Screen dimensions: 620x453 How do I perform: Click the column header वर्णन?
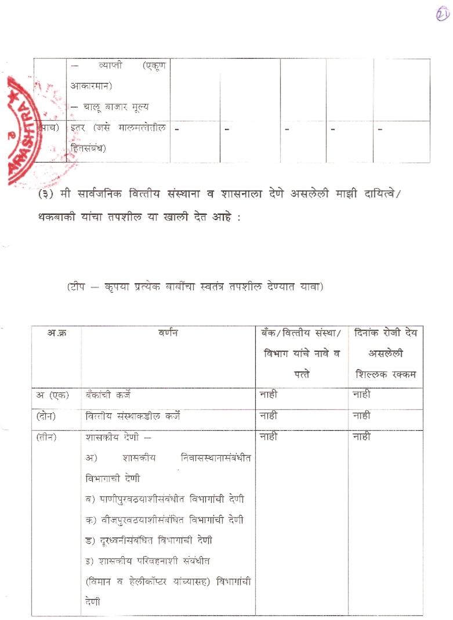click(168, 333)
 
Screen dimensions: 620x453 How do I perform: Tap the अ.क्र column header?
click(56, 333)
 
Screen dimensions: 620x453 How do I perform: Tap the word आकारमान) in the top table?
click(91, 86)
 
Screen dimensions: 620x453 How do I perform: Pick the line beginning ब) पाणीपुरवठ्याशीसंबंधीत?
click(164, 499)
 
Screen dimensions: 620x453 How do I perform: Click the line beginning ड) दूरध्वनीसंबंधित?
click(148, 540)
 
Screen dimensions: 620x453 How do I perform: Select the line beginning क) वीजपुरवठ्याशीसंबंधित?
click(164, 520)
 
